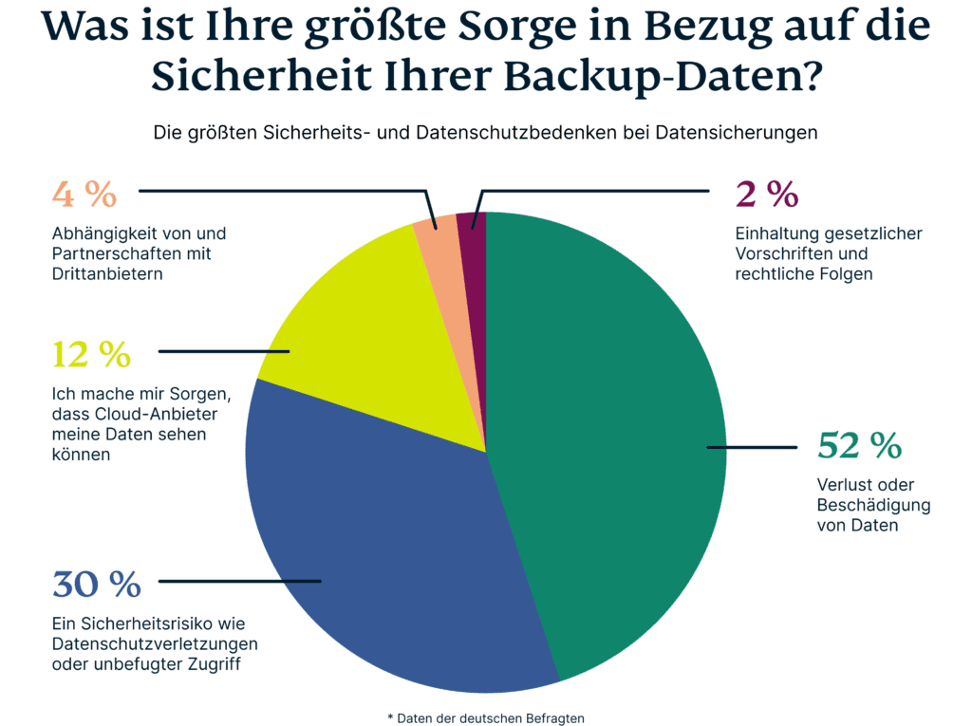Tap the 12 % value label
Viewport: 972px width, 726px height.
point(91,355)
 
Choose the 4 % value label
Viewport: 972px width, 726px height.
point(84,195)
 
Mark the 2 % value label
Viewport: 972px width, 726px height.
point(766,195)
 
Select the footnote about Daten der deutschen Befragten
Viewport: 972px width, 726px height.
point(486,717)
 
